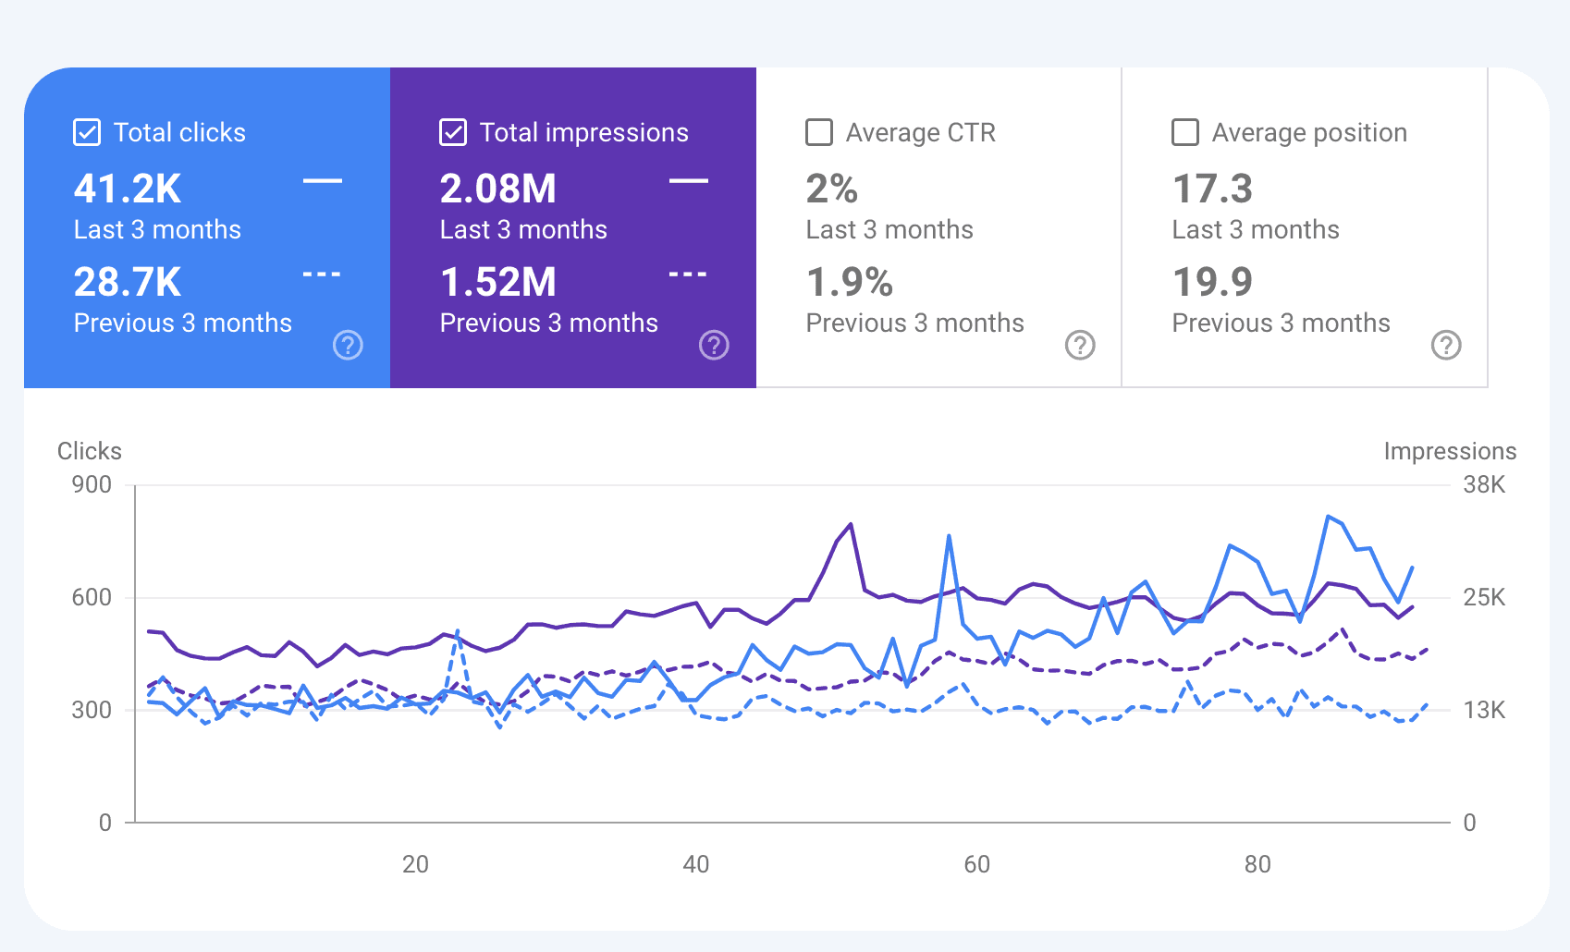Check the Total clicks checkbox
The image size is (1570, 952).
pos(87,132)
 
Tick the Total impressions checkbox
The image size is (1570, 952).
pos(453,132)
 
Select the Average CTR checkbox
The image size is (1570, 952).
pos(819,132)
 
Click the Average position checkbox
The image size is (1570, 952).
pos(1185,132)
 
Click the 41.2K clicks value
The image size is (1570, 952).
pos(128,189)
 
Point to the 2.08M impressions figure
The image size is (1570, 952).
pos(498,189)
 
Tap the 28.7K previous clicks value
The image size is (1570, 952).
pos(128,283)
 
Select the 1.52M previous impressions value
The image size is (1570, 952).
pos(498,283)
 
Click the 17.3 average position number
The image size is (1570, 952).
pos(1212,189)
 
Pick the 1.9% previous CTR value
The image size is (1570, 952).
pos(850,283)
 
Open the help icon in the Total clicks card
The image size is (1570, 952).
pos(348,345)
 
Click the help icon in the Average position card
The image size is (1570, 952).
pos(1446,345)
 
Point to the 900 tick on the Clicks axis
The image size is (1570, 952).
pos(92,485)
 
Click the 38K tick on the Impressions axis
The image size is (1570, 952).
pos(1484,485)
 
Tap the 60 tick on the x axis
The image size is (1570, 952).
pos(976,864)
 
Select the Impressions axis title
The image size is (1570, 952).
pos(1450,451)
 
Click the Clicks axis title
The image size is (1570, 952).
pos(90,451)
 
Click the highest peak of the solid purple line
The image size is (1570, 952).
pos(851,525)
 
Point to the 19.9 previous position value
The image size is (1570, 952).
pos(1212,283)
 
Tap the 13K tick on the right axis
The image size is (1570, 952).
pos(1484,710)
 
